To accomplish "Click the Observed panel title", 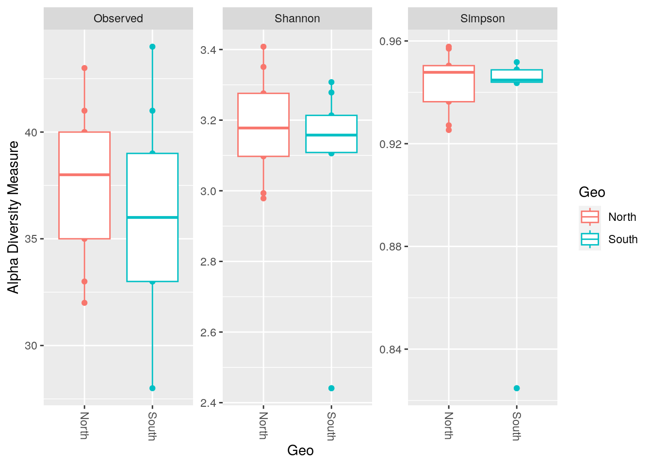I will coord(118,18).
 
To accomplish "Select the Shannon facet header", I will coord(297,18).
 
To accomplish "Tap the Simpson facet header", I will coord(482,18).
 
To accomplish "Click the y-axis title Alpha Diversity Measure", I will coord(14,217).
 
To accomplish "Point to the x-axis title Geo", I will coord(300,450).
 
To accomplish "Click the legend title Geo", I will coord(592,193).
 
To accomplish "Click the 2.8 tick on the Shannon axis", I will coord(210,262).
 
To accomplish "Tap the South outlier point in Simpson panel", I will coord(517,388).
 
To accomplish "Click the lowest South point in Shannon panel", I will coord(331,388).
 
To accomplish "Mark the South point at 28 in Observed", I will coord(152,388).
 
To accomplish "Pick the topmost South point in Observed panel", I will coord(152,47).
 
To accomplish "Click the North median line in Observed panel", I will coord(84,175).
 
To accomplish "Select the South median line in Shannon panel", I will coord(331,135).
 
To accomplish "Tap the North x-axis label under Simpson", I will coord(448,425).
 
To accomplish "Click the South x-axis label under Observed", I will coord(152,426).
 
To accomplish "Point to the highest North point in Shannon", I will coord(263,47).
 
